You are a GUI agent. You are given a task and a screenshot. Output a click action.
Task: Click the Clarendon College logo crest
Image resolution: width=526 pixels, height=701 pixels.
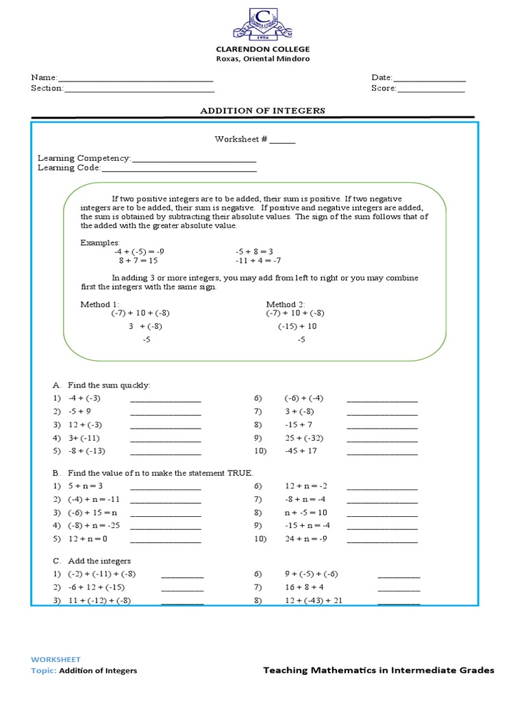click(263, 23)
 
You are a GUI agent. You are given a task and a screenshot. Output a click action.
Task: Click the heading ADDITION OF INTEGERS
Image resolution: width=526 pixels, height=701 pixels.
click(262, 110)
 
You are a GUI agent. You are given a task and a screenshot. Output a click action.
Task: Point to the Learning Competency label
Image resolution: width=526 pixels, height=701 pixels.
click(84, 158)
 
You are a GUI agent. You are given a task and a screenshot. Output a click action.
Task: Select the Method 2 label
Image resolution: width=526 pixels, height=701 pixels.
click(286, 304)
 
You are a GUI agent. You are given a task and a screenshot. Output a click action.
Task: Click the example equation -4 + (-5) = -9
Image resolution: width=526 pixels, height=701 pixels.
click(140, 251)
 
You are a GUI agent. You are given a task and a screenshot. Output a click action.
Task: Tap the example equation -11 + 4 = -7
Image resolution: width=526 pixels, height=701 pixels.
click(258, 260)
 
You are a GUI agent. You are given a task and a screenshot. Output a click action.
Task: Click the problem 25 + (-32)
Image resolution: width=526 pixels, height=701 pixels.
click(303, 438)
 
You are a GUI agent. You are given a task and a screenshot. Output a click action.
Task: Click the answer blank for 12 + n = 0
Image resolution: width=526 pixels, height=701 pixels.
click(165, 541)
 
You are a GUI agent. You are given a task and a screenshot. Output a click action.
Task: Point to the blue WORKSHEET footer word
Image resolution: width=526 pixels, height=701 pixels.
click(55, 659)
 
